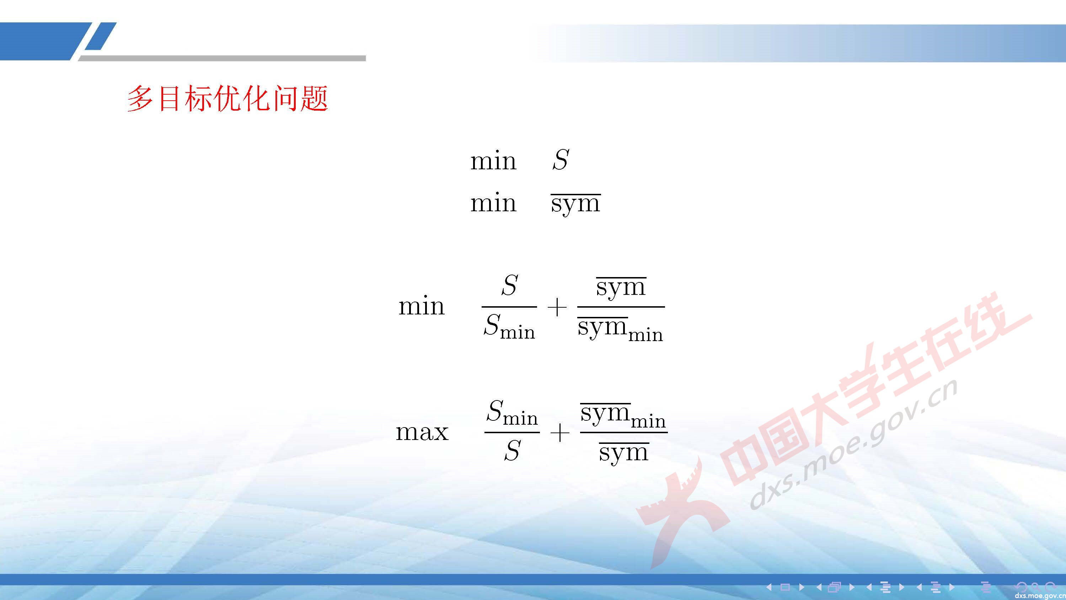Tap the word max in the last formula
tap(422, 432)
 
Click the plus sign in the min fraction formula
tap(557, 308)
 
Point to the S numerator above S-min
tap(509, 285)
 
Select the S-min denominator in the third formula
tap(509, 327)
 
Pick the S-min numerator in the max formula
tap(512, 413)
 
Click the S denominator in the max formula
tap(512, 451)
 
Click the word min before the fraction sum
tap(421, 307)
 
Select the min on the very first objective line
tap(493, 161)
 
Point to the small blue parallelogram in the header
tap(101, 36)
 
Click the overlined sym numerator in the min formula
tap(621, 287)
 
